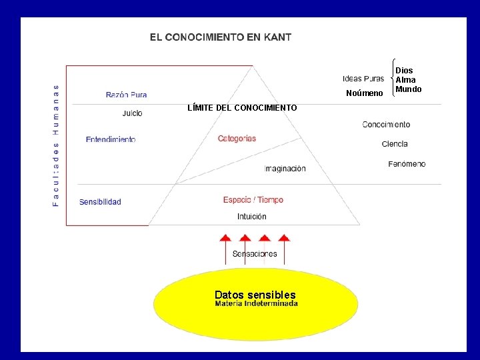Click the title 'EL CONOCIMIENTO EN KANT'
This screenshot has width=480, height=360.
220,37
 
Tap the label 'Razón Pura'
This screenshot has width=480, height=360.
126,95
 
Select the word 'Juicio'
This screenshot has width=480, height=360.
132,113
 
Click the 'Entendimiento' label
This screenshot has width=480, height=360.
111,139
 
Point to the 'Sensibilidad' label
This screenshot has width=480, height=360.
100,201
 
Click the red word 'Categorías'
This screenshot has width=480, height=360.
237,139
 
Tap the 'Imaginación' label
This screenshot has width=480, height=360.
285,169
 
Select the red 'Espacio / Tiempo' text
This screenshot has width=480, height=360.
253,200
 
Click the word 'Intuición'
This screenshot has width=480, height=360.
251,217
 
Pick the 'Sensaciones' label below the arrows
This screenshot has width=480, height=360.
254,254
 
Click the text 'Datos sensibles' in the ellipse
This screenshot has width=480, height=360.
255,295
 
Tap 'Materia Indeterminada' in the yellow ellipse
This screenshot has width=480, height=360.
256,304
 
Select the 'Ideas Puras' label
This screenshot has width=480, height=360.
363,79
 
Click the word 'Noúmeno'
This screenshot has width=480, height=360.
364,93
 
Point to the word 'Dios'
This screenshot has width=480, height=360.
404,71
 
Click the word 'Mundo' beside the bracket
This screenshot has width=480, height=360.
408,89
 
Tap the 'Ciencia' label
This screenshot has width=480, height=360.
395,144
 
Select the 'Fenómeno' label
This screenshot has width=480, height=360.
407,164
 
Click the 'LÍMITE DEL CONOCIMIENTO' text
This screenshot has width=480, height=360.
242,108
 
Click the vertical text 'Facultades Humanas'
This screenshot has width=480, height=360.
56,145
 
